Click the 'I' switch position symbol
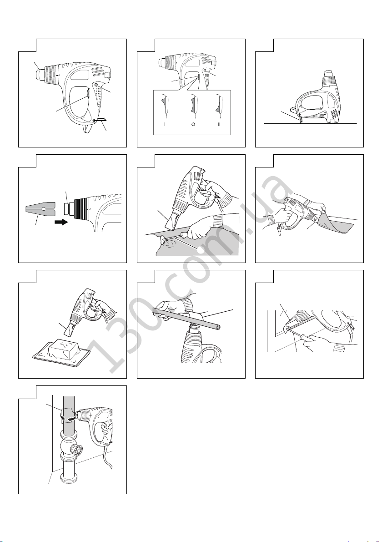(x=165, y=125)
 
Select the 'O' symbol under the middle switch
(x=193, y=125)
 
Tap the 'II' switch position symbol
(x=219, y=125)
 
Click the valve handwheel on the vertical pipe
(x=77, y=451)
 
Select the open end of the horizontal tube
(x=218, y=326)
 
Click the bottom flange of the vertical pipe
(x=68, y=479)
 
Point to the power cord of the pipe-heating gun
(x=107, y=457)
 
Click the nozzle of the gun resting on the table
(x=329, y=75)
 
